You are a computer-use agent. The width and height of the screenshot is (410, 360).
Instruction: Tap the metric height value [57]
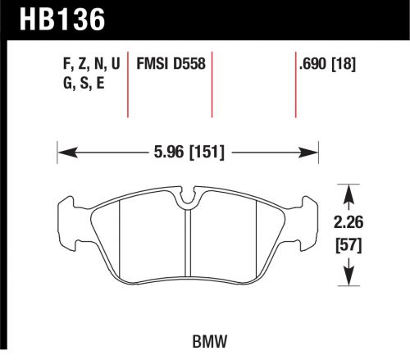click(x=350, y=244)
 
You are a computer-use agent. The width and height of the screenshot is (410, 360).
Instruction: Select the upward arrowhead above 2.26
click(x=350, y=194)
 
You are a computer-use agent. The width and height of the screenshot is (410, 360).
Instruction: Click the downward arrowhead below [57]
click(x=350, y=274)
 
